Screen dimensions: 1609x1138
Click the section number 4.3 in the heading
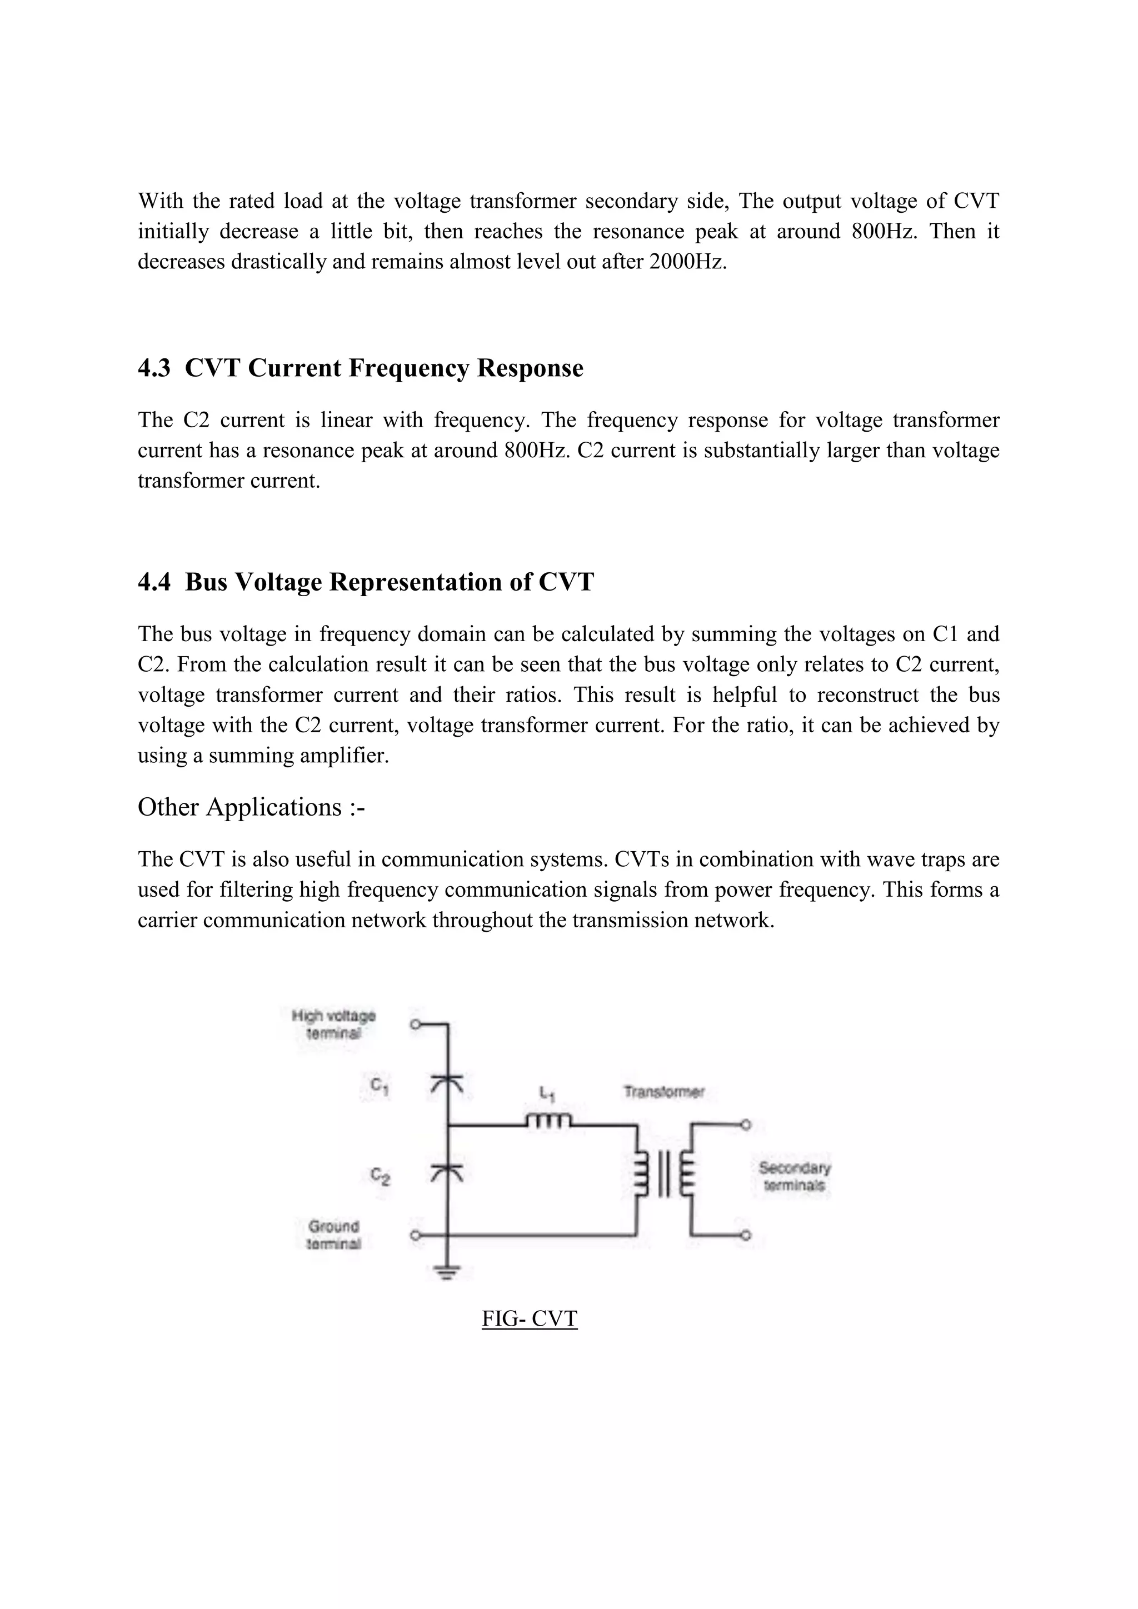(154, 368)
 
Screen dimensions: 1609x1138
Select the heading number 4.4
(154, 582)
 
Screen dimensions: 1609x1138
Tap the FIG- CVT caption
(529, 1318)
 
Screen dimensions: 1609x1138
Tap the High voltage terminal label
(333, 1024)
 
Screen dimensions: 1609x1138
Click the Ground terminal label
(333, 1235)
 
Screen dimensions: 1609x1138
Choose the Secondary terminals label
(795, 1177)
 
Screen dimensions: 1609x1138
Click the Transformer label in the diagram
(663, 1092)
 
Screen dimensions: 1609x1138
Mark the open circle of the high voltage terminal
(415, 1025)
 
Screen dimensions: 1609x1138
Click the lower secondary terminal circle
(746, 1236)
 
